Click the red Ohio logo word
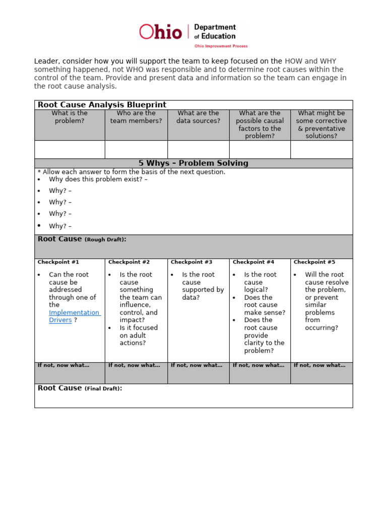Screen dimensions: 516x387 click(160, 32)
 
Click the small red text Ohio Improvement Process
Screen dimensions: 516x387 click(221, 46)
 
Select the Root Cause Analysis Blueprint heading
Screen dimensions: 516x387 click(102, 105)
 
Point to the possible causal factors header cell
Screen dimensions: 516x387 click(260, 124)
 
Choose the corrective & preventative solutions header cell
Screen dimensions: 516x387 click(321, 124)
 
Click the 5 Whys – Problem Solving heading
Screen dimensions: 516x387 click(193, 163)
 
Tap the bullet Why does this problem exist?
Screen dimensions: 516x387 click(98, 179)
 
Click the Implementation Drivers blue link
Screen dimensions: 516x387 click(74, 316)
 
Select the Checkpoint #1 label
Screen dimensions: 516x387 click(58, 262)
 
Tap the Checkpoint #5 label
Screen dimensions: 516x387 click(314, 262)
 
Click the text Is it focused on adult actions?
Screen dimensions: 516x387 click(139, 335)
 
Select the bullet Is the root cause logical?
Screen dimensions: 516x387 click(260, 282)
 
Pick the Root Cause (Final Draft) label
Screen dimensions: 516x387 click(80, 388)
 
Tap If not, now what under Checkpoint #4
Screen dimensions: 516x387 click(258, 365)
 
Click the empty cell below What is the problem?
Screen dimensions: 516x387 click(70, 150)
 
